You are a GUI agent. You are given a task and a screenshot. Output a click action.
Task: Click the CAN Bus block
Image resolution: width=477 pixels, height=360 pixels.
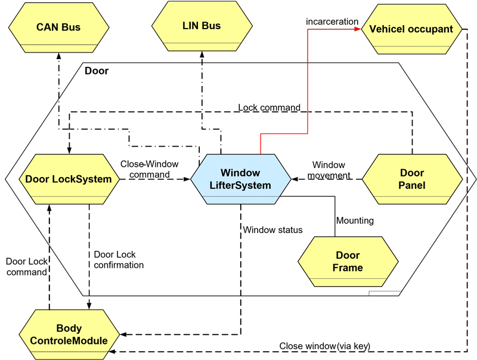(x=58, y=28)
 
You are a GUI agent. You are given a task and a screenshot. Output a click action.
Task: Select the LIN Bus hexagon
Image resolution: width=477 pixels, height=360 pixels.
(x=202, y=26)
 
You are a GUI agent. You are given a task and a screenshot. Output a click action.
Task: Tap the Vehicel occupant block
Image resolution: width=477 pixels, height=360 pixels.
(x=411, y=29)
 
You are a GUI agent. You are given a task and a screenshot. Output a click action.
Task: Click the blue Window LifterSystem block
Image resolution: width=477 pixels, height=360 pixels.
(x=240, y=179)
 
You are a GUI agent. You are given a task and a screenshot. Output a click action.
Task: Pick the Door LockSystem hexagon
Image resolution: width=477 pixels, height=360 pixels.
(x=69, y=179)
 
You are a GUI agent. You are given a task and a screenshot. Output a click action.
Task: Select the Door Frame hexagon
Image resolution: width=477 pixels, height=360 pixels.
(x=348, y=262)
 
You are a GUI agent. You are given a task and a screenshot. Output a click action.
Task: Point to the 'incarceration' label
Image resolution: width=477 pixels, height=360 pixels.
(x=332, y=22)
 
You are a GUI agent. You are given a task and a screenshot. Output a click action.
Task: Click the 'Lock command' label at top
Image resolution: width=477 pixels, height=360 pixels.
(x=269, y=107)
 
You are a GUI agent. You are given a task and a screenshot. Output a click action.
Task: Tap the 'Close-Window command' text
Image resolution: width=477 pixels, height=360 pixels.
(x=145, y=169)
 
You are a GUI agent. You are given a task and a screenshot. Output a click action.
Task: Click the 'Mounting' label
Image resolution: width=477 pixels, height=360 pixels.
(x=355, y=221)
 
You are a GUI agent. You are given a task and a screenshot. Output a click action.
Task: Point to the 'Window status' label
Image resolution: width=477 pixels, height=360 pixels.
(x=272, y=229)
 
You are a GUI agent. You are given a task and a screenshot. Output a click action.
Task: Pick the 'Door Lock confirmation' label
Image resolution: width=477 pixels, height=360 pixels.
(x=119, y=259)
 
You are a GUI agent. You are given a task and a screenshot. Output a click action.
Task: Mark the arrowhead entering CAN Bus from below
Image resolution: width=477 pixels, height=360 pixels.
(x=58, y=55)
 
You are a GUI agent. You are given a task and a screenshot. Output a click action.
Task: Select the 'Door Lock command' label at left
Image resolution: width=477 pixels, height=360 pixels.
(x=26, y=266)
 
